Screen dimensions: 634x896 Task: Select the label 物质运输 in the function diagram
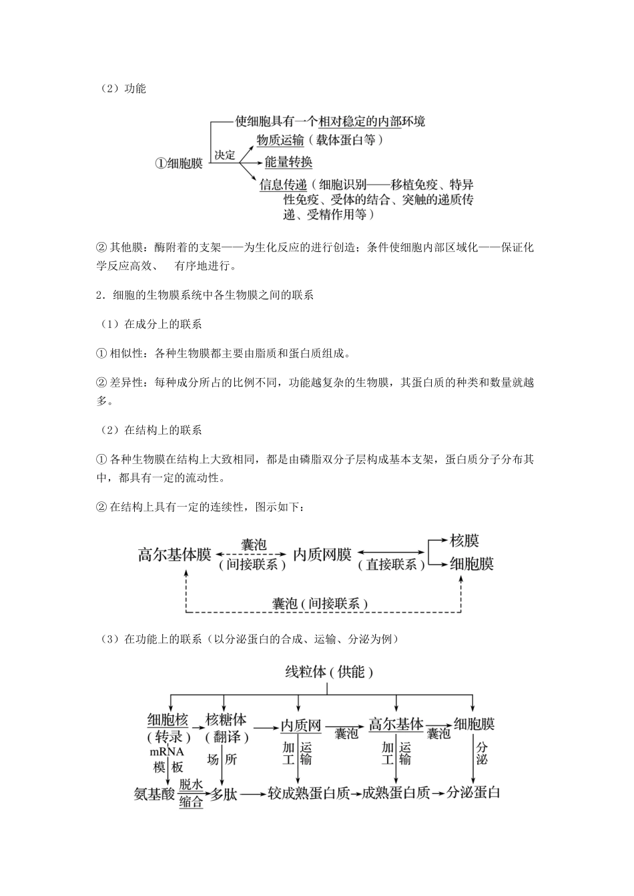point(280,140)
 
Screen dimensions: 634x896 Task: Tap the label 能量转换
point(288,162)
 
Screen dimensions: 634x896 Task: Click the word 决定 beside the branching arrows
point(225,155)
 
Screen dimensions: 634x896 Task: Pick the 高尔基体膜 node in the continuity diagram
point(175,555)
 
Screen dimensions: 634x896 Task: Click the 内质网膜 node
point(322,555)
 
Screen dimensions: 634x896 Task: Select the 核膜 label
point(464,541)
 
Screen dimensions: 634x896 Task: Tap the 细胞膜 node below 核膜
point(472,564)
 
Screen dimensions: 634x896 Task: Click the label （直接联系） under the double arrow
point(392,565)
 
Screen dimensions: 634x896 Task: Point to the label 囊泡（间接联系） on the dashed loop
point(320,604)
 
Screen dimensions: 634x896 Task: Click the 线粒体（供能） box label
point(329,672)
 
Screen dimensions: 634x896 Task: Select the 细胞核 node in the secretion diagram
point(168,721)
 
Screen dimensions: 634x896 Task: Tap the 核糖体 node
point(226,721)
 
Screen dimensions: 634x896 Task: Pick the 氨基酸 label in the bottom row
point(154,794)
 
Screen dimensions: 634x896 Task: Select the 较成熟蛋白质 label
point(308,794)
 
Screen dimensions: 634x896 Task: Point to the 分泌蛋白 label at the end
point(473,793)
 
